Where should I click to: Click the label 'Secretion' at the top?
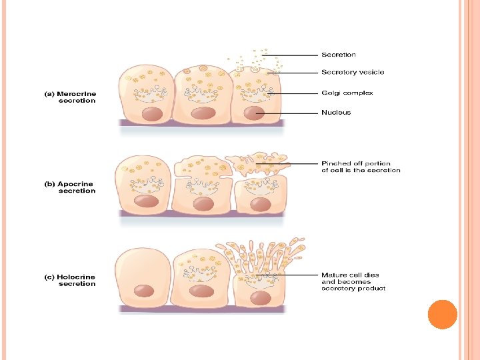point(339,55)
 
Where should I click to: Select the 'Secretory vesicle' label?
point(353,72)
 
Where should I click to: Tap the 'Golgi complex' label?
point(347,93)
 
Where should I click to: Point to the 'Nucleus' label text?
point(335,113)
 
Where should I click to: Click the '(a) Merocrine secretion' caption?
point(70,97)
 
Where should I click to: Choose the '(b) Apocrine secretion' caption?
point(69,187)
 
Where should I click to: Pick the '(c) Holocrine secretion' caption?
point(69,281)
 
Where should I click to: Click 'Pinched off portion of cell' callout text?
point(361,167)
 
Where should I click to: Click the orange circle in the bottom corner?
point(442,315)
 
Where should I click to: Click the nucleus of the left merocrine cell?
point(146,113)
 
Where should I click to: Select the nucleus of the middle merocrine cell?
point(202,113)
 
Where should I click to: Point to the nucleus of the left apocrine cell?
point(146,201)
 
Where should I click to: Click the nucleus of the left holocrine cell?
point(144,291)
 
